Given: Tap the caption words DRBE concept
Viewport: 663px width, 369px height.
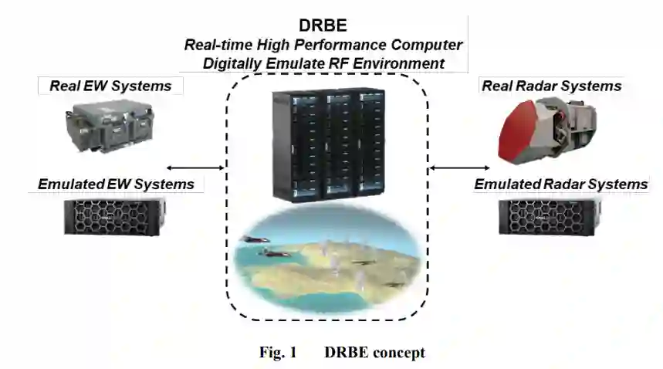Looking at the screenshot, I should point(374,353).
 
